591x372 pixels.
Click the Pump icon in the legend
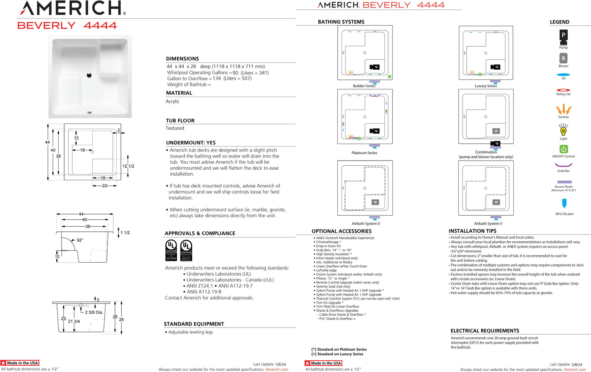563,35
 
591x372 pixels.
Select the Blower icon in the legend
563,58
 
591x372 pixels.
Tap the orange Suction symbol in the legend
563,109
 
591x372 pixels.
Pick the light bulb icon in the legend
563,130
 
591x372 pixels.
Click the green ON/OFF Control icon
563,149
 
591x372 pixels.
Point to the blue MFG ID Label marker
564,203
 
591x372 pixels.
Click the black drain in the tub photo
89,75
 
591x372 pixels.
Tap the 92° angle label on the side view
80,240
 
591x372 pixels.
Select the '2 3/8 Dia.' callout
94,313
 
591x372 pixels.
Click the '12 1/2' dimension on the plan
128,166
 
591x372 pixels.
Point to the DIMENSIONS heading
182,59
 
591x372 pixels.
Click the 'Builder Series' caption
364,86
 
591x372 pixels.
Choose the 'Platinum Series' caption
364,153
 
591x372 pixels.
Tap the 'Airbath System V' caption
488,224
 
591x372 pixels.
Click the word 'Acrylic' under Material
173,102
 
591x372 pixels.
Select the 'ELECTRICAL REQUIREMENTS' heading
485,331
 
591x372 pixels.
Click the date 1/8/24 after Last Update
281,365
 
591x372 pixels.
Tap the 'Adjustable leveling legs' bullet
191,332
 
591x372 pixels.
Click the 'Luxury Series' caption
486,86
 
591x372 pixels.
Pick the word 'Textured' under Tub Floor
175,128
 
